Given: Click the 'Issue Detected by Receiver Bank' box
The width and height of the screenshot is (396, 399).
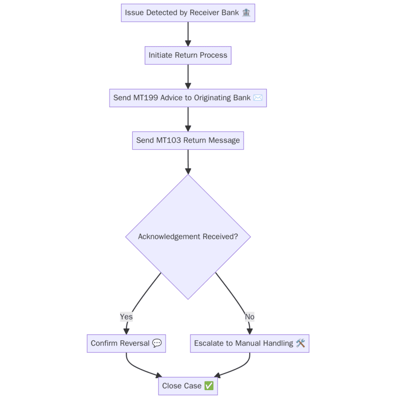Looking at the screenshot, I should pyautogui.click(x=188, y=13).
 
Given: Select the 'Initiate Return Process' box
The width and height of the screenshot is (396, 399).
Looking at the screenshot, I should pyautogui.click(x=188, y=55).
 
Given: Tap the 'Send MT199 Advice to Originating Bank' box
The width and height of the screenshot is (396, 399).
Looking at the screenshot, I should pyautogui.click(x=188, y=98).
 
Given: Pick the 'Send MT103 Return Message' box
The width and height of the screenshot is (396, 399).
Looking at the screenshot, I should pyautogui.click(x=188, y=140).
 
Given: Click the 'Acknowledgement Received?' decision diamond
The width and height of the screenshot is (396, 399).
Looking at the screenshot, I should pyautogui.click(x=188, y=236).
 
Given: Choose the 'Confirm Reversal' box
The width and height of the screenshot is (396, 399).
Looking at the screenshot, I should pyautogui.click(x=126, y=344).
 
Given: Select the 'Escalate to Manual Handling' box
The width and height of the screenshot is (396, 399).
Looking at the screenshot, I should pyautogui.click(x=249, y=344).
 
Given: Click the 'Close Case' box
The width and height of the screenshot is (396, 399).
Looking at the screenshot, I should pyautogui.click(x=188, y=386).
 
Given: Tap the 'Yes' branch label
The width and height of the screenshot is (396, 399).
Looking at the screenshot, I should pyautogui.click(x=126, y=317).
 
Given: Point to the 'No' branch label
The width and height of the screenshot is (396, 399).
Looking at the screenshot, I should pyautogui.click(x=250, y=317).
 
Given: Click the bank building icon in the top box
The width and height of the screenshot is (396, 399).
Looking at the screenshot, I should pyautogui.click(x=246, y=13).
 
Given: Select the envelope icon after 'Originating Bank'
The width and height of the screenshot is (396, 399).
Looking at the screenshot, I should pyautogui.click(x=258, y=98).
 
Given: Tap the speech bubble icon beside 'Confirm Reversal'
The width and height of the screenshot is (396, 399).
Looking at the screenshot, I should pyautogui.click(x=157, y=344).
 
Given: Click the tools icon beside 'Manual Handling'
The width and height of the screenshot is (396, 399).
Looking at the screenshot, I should pyautogui.click(x=300, y=344).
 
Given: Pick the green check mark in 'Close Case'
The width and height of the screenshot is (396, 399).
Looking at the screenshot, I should pyautogui.click(x=209, y=386).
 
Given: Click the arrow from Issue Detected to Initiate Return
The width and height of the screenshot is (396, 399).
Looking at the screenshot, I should pyautogui.click(x=188, y=34).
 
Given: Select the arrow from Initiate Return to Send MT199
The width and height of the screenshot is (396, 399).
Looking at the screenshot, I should pyautogui.click(x=188, y=76).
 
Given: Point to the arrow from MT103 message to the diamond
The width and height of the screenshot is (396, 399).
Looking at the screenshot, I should pyautogui.click(x=188, y=161).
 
